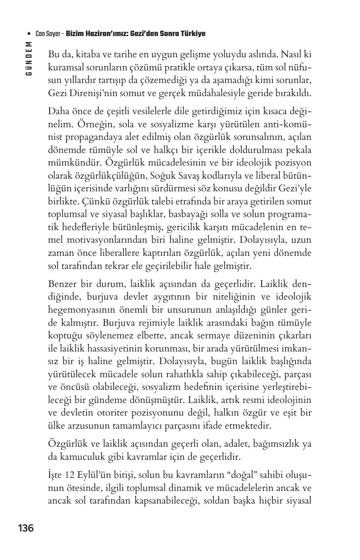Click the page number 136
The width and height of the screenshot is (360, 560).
click(26, 528)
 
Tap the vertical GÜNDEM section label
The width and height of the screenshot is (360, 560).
click(28, 58)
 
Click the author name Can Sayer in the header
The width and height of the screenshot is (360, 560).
click(49, 34)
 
